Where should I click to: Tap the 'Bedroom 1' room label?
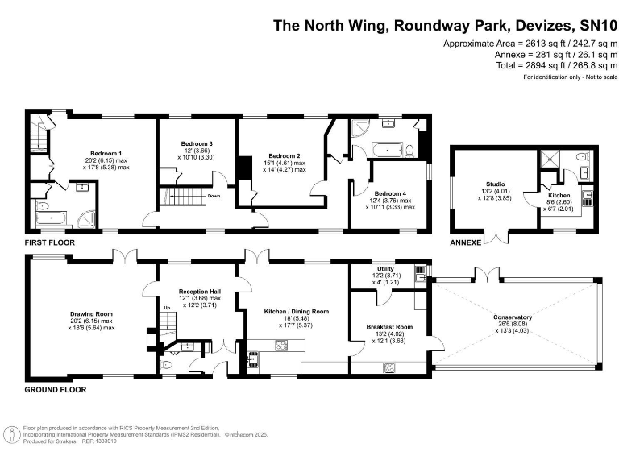coord(106,153)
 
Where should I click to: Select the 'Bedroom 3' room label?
coord(196,143)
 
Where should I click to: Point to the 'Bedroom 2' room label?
coord(285,155)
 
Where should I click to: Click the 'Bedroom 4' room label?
coord(391,193)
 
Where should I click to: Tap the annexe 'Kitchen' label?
coord(559,196)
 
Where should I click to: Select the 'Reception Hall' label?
coord(200,292)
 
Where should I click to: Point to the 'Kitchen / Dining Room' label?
coord(297,311)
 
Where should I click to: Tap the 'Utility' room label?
coord(384,268)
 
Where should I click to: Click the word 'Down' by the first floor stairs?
coord(214,196)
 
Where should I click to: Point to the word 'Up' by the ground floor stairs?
coord(167,308)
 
